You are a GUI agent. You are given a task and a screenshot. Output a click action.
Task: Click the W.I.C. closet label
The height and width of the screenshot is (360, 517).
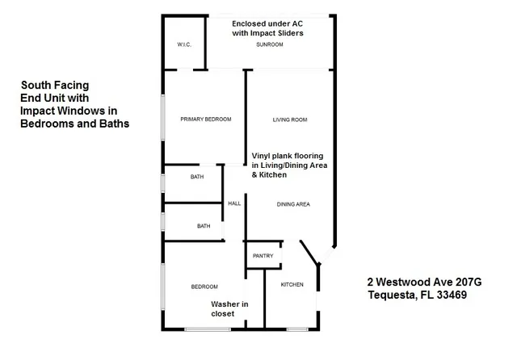[x=183, y=44]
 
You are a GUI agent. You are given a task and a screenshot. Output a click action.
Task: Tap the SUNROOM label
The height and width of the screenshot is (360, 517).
[x=269, y=44]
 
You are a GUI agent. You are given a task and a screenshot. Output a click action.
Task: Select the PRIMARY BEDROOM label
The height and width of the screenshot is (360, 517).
[x=205, y=119]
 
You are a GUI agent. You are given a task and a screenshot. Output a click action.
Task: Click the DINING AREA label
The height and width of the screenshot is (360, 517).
[x=293, y=204]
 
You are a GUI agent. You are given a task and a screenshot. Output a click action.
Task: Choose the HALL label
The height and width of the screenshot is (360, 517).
[x=234, y=203]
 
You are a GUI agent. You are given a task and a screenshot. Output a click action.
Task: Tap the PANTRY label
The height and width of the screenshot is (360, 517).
[x=263, y=256]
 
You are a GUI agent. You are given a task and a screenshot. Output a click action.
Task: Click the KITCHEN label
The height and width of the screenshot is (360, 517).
[x=292, y=285]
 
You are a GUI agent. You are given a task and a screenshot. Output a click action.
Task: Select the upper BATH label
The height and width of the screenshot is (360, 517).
[x=197, y=177]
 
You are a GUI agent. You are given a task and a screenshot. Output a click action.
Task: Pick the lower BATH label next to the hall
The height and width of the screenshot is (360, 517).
[x=204, y=226]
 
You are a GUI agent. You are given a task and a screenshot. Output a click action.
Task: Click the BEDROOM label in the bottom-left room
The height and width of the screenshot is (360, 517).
[x=204, y=287]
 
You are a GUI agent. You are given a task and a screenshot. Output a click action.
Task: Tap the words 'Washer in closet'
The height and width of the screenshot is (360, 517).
[x=229, y=308]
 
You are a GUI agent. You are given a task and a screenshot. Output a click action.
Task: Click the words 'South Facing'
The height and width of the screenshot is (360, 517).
[x=55, y=85]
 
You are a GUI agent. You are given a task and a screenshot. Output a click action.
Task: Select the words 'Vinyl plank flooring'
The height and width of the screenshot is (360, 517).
[x=288, y=155]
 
